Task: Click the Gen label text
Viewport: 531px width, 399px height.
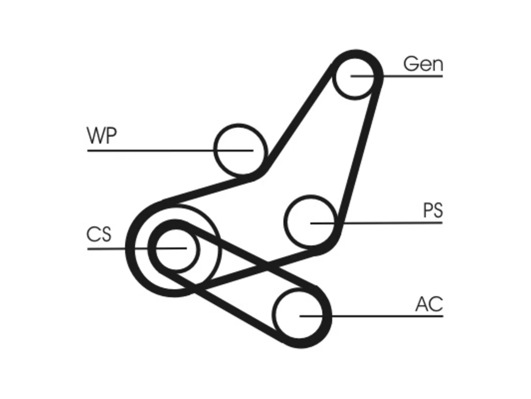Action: pos(423,64)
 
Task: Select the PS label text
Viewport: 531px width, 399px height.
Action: pos(433,210)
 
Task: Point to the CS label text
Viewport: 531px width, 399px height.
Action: pos(99,234)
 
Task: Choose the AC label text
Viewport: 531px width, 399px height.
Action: pos(429,304)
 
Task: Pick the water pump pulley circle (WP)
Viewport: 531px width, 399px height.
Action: pos(216,149)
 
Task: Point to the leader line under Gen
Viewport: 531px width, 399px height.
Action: pos(397,76)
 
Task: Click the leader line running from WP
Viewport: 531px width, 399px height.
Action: pos(170,150)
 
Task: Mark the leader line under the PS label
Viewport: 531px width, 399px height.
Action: pos(376,223)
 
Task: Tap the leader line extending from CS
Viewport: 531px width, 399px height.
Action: pos(137,248)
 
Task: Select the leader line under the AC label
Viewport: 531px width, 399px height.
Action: pos(371,316)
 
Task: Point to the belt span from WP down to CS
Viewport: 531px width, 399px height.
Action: pos(208,191)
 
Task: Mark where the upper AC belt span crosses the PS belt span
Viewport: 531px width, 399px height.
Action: pos(267,266)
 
